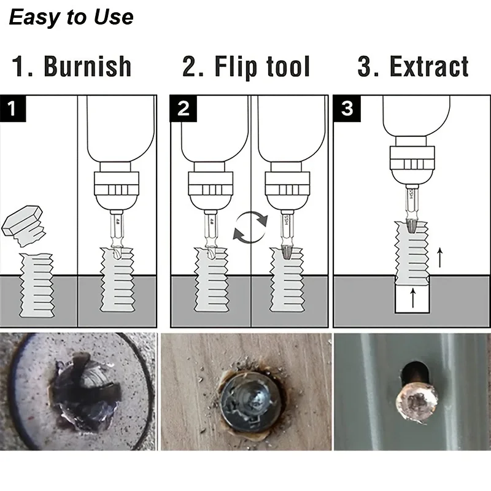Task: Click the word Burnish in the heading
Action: point(87,67)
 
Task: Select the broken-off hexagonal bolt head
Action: point(23,225)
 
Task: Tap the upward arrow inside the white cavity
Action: point(412,300)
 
